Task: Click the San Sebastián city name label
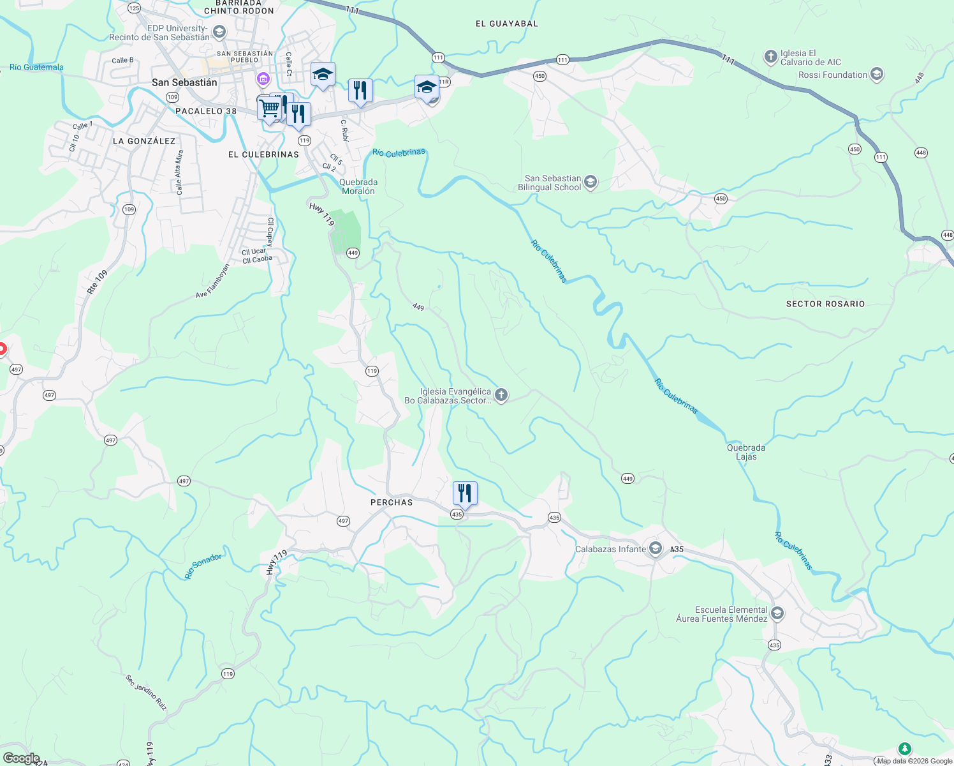[184, 82]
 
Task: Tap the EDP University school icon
[219, 32]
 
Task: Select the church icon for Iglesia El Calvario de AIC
[770, 57]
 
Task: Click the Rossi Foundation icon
[877, 75]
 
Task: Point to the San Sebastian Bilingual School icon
[591, 183]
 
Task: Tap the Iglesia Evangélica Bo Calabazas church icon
[501, 396]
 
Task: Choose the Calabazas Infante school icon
[656, 549]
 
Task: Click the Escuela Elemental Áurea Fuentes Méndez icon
[777, 614]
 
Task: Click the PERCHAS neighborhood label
[392, 502]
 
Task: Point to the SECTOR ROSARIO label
[825, 304]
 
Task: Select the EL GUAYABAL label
[507, 24]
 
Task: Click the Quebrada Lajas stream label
[746, 452]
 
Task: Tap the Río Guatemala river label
[36, 67]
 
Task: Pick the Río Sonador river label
[203, 566]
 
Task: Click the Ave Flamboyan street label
[212, 282]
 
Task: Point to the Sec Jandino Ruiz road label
[146, 693]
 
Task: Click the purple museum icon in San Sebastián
[263, 79]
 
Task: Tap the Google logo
[21, 758]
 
